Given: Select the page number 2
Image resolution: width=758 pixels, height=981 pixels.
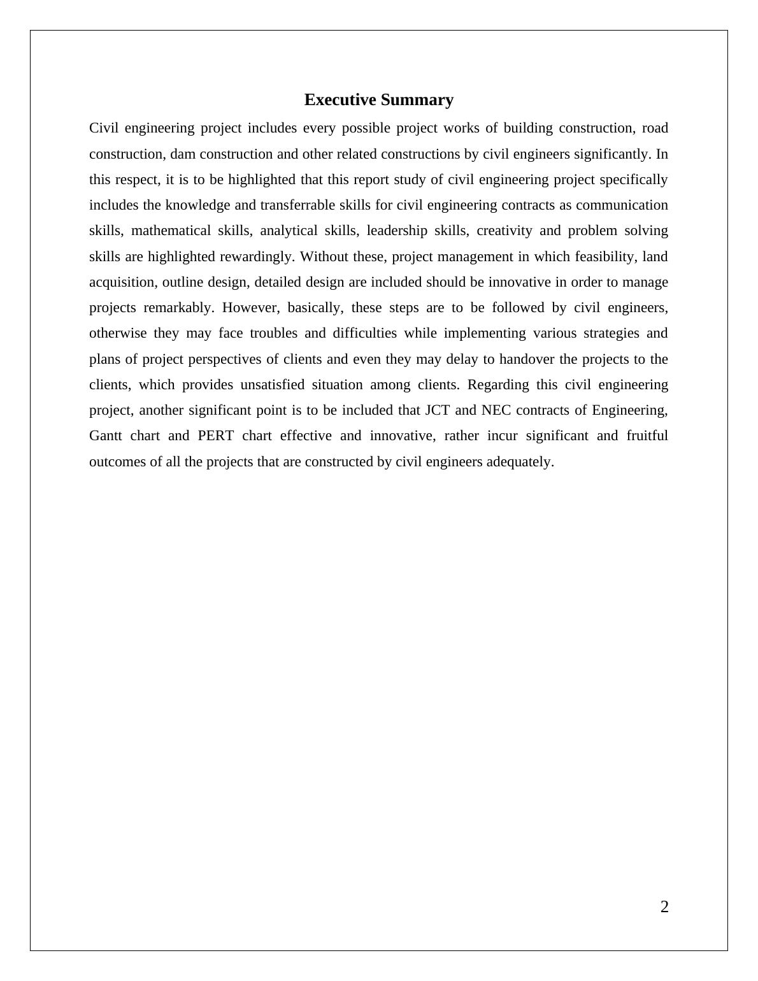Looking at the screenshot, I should pos(664,907).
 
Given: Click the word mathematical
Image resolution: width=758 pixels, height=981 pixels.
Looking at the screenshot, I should pos(170,231).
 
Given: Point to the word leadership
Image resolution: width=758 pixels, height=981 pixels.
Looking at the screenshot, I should pos(394,231).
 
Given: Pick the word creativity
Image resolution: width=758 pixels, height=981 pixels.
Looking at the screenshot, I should pos(504,231).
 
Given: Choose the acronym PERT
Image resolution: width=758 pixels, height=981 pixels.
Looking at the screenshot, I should pos(216,436).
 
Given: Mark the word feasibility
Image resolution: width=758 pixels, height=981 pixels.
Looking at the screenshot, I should pos(604,257).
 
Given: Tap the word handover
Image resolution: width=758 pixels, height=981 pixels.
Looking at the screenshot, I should pos(526,359).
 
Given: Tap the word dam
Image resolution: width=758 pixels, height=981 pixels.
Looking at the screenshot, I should pos(182,154).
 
